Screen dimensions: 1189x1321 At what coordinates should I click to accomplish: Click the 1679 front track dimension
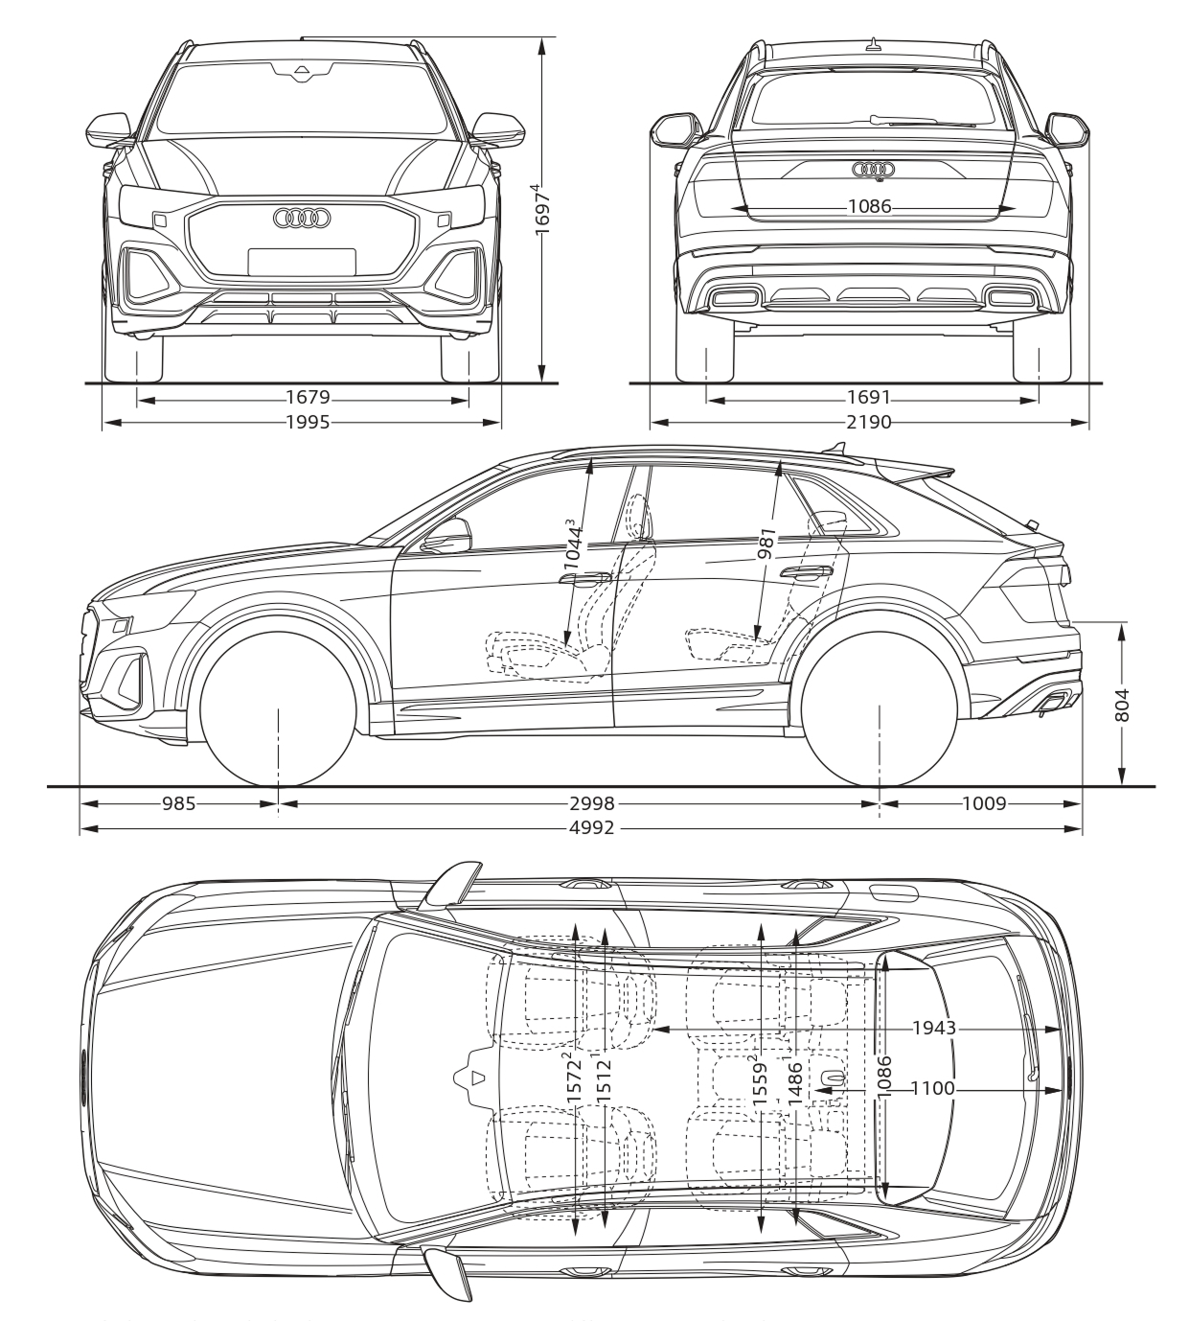click(308, 398)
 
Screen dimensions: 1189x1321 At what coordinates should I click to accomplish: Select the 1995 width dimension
click(308, 422)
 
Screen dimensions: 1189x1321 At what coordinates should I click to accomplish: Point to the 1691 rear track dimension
click(868, 398)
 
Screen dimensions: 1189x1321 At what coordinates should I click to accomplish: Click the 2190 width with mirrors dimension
click(868, 422)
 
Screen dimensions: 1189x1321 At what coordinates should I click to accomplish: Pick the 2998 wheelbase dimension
click(591, 803)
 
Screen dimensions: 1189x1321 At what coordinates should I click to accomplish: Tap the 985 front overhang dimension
click(179, 803)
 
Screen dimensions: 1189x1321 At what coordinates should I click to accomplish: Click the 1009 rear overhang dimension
click(984, 803)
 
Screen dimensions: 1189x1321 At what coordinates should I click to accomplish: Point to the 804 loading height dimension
click(1121, 705)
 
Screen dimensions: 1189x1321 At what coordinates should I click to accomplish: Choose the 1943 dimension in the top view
click(933, 1028)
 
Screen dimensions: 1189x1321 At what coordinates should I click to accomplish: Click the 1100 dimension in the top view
click(933, 1089)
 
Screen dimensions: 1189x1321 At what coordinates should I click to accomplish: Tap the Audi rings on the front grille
click(302, 219)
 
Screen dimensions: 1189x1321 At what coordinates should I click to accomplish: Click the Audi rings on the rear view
click(875, 170)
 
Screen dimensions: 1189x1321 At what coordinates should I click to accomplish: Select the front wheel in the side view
click(279, 709)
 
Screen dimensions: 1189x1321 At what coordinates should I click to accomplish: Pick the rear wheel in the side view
click(880, 709)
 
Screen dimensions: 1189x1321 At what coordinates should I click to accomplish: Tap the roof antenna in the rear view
click(874, 44)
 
